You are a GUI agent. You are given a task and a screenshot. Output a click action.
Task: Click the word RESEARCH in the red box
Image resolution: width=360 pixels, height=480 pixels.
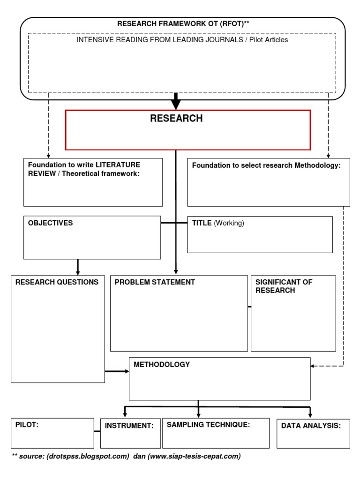[x=176, y=119]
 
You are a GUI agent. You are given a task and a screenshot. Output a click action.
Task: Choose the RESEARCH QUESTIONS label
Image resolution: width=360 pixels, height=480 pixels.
[x=57, y=282]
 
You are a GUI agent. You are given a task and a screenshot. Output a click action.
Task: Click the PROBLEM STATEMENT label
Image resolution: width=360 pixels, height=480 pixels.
[x=155, y=282]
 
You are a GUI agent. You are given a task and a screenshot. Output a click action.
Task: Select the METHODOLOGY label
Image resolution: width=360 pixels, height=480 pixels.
[x=162, y=364]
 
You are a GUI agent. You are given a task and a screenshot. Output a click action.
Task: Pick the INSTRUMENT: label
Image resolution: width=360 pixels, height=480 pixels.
[x=129, y=426]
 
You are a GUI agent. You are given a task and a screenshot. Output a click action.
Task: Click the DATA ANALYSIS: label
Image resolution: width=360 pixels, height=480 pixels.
[x=311, y=426]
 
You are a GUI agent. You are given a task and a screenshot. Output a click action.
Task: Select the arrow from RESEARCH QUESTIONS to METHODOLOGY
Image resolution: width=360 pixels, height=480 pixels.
[x=117, y=371]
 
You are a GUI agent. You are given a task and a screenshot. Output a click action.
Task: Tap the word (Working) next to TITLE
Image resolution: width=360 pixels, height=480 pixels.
[x=229, y=223]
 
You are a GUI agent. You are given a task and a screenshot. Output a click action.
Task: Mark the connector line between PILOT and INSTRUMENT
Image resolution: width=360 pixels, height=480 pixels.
[x=97, y=431]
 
